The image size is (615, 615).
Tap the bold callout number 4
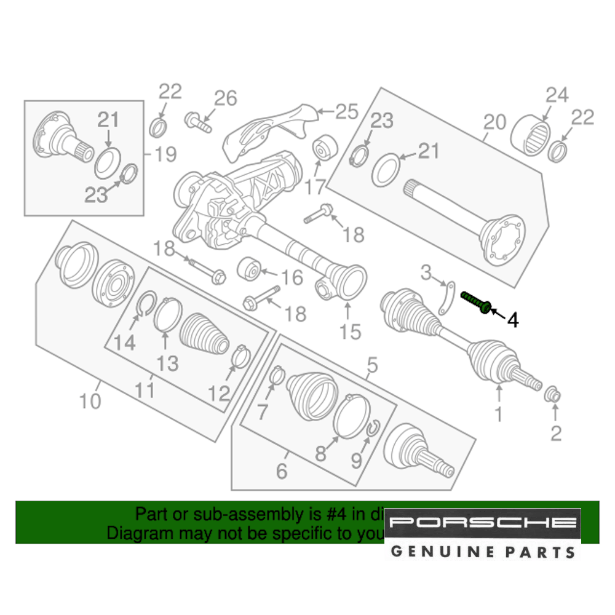tap(512, 320)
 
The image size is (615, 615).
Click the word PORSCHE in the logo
tap(483, 523)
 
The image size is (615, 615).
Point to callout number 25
tap(346, 112)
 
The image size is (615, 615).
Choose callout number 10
tap(90, 402)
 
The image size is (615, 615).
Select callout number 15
tap(351, 332)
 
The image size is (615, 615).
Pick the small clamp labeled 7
tap(275, 373)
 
